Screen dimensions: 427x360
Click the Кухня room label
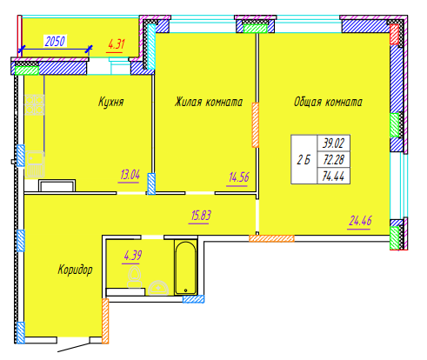111,102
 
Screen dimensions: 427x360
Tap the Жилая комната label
209,102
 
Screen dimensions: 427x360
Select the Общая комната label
328,102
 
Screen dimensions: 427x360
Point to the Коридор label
75,270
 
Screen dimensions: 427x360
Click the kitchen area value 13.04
130,175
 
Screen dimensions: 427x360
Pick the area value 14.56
238,177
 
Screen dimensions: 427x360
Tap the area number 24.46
360,221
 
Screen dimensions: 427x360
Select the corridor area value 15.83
201,216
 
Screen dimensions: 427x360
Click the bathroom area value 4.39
132,256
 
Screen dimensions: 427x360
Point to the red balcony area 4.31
117,44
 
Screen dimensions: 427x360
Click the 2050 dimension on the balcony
55,41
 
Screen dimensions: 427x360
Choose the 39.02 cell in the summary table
333,143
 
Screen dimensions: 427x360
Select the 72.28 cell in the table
333,159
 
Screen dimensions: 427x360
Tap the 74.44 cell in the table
333,176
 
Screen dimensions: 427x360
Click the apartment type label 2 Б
304,160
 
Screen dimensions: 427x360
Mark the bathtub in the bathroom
185,268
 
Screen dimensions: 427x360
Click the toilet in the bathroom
135,277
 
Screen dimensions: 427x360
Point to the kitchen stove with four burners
34,104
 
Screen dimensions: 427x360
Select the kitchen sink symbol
35,164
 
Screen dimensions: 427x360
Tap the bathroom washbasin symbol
158,288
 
